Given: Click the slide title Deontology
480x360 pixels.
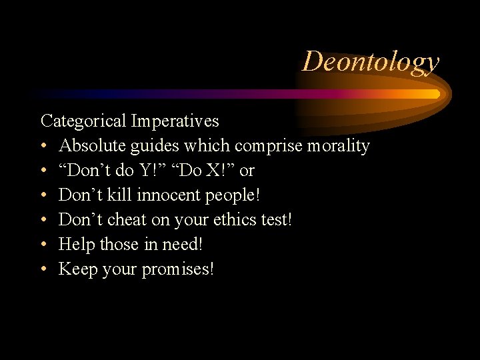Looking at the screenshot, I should point(371,61).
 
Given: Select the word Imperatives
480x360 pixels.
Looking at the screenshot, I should point(175,121).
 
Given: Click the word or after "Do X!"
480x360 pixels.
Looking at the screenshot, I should point(247,171).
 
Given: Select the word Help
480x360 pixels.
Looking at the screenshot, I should point(77,244).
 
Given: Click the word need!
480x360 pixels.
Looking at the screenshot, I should point(181,244).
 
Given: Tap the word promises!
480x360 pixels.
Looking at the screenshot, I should point(177,269).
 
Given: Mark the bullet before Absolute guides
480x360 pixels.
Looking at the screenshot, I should point(44,146).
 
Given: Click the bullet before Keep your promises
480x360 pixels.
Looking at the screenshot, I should point(44,269).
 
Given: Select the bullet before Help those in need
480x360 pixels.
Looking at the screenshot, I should point(44,245).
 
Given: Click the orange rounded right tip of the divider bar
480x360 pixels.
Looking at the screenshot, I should point(435,94).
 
